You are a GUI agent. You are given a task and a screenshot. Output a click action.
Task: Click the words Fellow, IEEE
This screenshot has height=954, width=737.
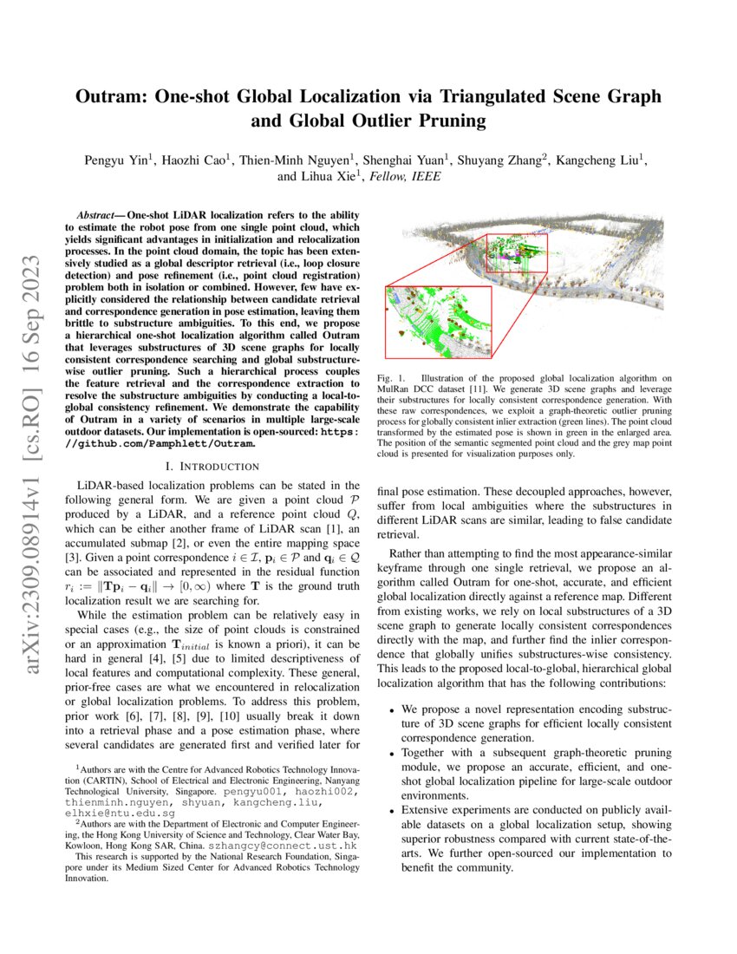coord(407,176)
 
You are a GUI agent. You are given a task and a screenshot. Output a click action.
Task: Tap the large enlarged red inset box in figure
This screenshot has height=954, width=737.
coord(437,322)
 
